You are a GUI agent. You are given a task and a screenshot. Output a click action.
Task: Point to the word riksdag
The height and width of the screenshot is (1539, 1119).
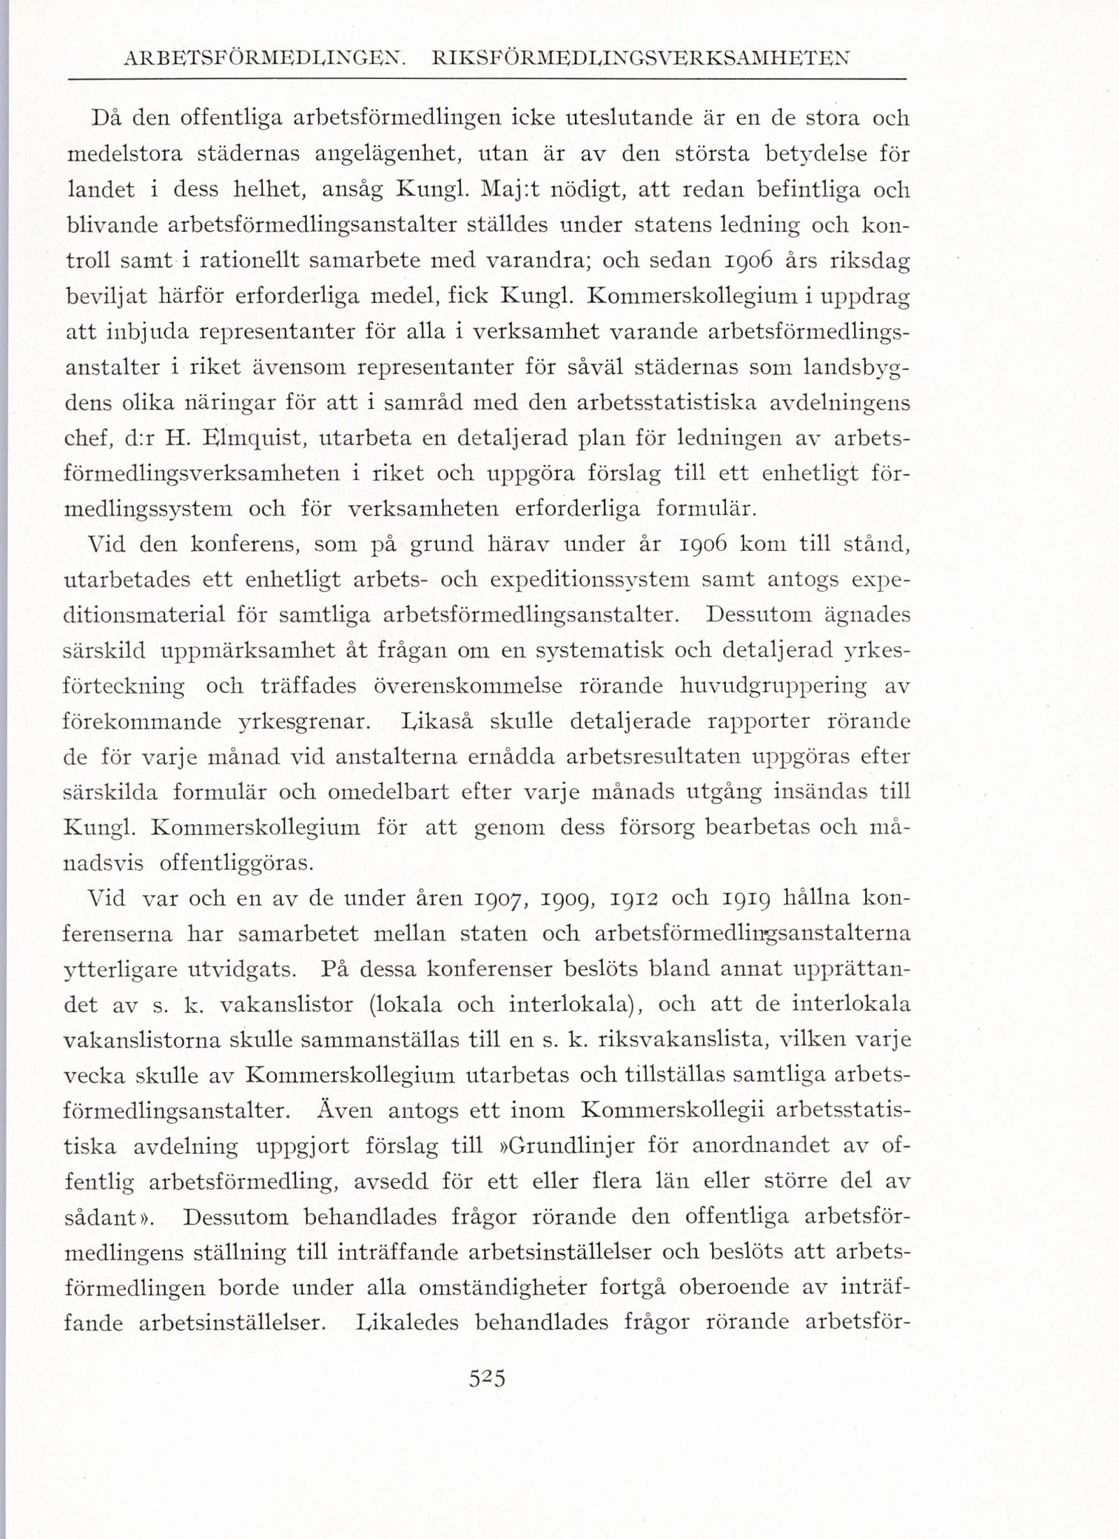pos(869,261)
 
